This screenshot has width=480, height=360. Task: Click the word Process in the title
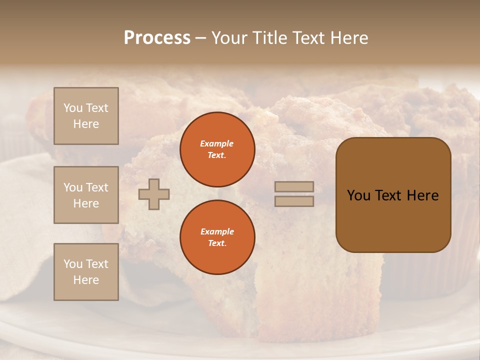[x=157, y=38]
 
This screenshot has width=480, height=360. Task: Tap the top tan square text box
[x=86, y=116]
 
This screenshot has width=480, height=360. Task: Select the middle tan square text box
[x=86, y=195]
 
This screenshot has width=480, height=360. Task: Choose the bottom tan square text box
[x=86, y=272]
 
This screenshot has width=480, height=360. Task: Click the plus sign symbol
[x=154, y=194]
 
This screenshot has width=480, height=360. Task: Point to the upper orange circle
[x=217, y=149]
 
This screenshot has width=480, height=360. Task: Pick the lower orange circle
[x=217, y=237]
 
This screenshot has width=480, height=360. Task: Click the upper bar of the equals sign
[x=294, y=187]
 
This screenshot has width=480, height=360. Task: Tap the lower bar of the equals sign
[x=294, y=201]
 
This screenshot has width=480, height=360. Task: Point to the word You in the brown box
[x=358, y=195]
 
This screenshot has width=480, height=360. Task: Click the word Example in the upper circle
[x=217, y=143]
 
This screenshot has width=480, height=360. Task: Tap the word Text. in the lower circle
[x=217, y=243]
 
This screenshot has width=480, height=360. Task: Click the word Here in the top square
[x=86, y=124]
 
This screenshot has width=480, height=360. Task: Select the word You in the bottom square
[x=73, y=264]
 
